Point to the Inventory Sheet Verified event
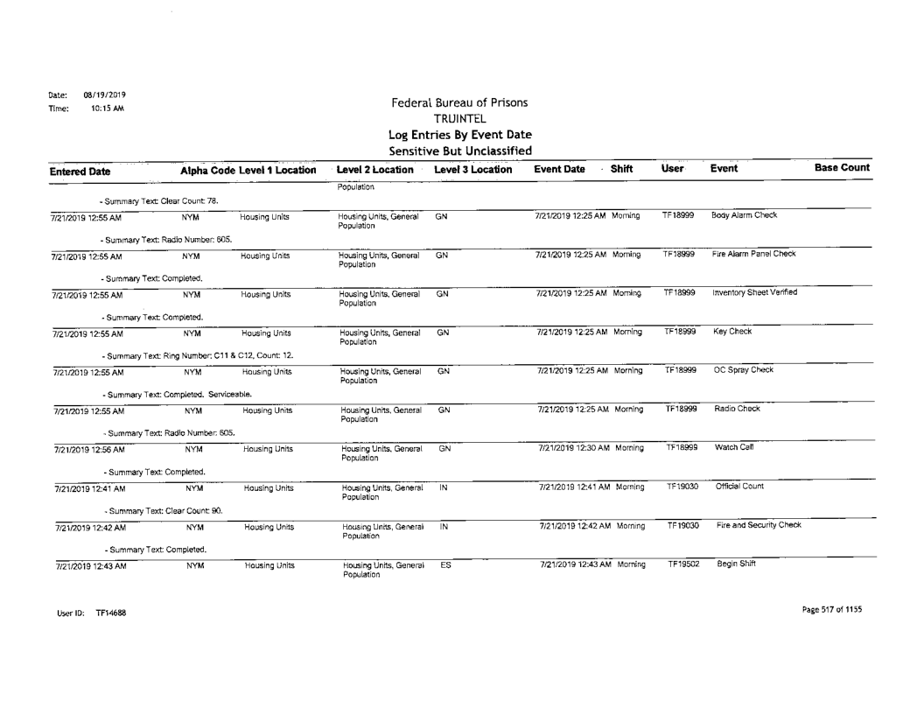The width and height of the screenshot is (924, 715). pos(757,292)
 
